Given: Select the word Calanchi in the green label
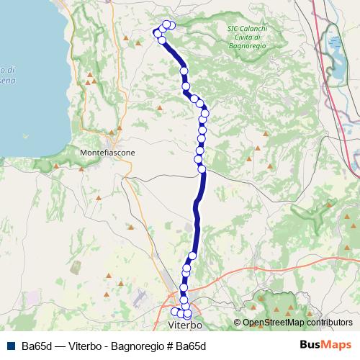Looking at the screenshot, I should (253, 29).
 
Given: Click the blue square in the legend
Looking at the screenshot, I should (9, 346).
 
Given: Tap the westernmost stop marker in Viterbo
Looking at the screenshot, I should (174, 311).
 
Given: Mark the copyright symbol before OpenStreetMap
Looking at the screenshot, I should (238, 323).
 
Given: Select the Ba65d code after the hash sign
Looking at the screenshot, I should (191, 346).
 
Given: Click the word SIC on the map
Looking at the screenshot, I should (232, 29).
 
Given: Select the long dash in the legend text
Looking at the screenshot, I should (60, 346).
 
